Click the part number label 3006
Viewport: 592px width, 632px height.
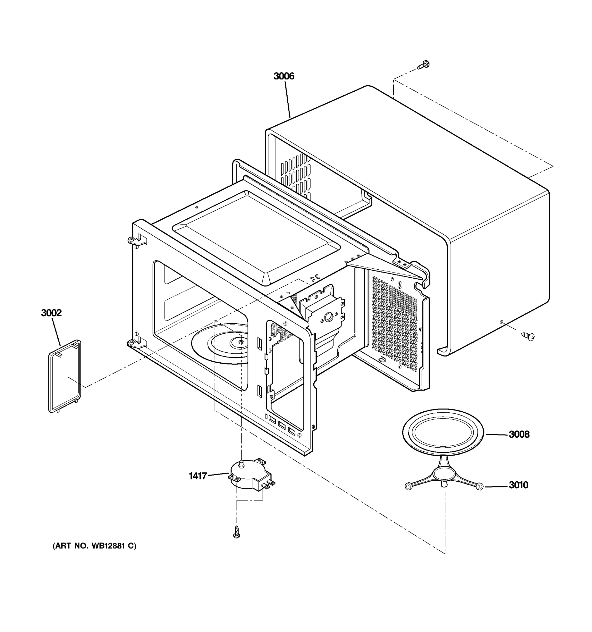[284, 76]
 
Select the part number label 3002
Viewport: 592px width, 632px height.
[51, 313]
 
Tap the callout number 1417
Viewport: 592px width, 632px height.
[198, 476]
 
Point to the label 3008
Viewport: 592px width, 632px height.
[519, 434]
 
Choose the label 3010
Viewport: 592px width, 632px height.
[518, 485]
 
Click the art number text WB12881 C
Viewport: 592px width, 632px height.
[94, 546]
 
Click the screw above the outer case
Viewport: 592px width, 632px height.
[423, 65]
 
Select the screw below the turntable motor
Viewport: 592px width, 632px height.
[236, 532]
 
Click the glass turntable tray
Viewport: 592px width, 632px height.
[443, 432]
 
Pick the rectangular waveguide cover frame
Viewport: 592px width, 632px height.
[64, 376]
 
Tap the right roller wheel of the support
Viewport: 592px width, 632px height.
[480, 486]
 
